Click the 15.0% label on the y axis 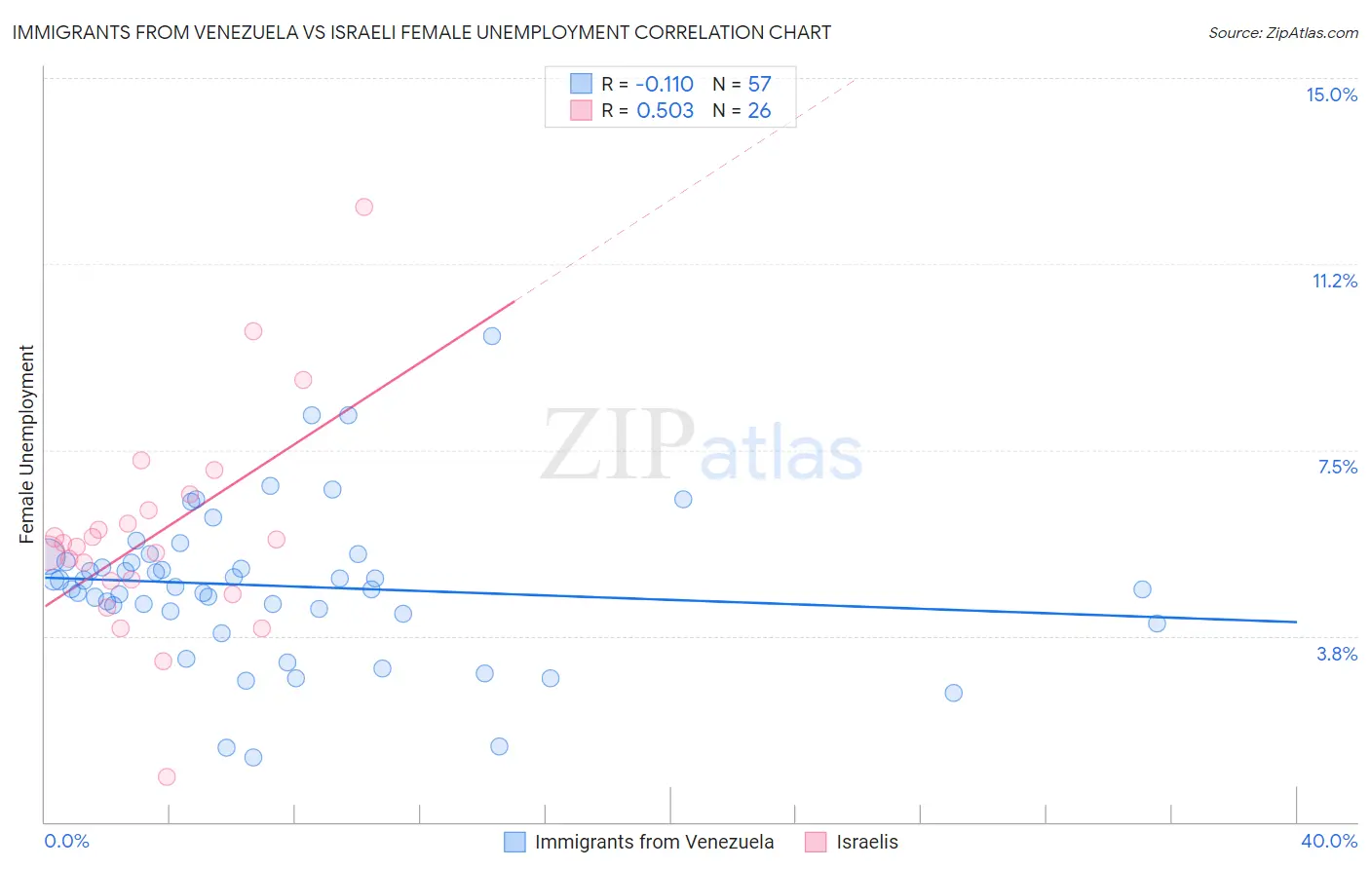coord(1331,94)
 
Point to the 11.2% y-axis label coord(1334,281)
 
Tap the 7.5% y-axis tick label coord(1337,467)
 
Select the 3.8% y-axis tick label coord(1337,654)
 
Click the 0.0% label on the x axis coord(66,841)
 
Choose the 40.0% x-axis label coord(1328,841)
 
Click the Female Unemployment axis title coord(26,443)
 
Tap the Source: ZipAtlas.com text coord(1282,32)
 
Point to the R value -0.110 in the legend coord(665,84)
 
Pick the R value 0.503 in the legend coord(665,110)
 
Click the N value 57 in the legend coord(759,84)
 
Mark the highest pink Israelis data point coord(363,207)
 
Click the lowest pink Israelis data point coord(167,776)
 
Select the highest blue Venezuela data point coord(492,336)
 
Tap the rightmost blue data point coord(1157,623)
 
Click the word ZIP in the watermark coord(617,445)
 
